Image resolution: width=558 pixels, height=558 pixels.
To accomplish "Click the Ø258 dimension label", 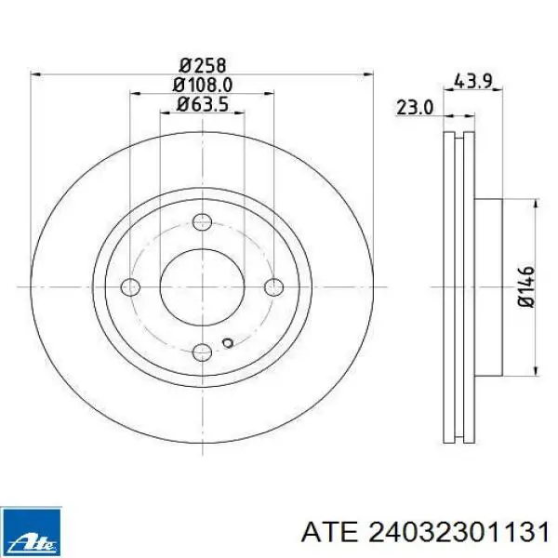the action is [203, 65].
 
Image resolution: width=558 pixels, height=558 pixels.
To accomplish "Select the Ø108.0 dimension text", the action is [203, 85].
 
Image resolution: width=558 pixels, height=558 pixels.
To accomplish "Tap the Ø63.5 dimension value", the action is [203, 104].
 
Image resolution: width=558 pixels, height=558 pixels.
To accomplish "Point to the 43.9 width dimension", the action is [473, 82].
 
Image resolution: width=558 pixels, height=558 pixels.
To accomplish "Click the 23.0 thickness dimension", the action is [415, 108].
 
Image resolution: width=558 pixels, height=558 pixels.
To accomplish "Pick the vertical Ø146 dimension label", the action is [526, 286].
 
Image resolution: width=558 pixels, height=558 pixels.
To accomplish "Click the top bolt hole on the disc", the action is [202, 222].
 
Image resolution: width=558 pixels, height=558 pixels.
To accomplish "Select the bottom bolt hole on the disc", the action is [202, 352].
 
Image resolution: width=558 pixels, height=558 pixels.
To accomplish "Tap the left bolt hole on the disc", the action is [130, 286].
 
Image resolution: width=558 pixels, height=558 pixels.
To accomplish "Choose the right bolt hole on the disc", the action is [274, 286].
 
